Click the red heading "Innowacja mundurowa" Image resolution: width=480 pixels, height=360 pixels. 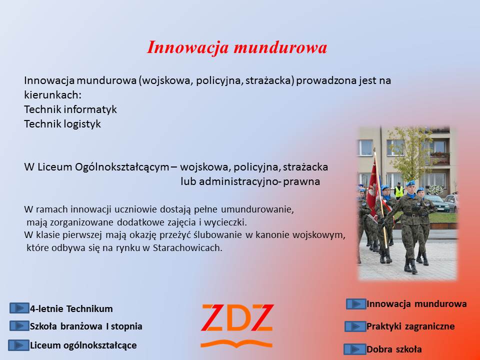pyautogui.click(x=237, y=48)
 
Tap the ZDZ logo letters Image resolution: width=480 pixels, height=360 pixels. pyautogui.click(x=237, y=318)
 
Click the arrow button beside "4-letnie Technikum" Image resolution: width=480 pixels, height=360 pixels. pyautogui.click(x=19, y=308)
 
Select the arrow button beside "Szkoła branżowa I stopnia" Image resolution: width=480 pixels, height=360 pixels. pyautogui.click(x=19, y=325)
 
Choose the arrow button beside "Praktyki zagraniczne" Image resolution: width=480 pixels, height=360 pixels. pyautogui.click(x=355, y=326)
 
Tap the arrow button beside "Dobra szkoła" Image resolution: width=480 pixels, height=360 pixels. pyautogui.click(x=354, y=349)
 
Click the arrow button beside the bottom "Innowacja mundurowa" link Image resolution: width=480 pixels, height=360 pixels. pyautogui.click(x=356, y=304)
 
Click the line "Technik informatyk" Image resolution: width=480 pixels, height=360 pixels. pyautogui.click(x=70, y=109)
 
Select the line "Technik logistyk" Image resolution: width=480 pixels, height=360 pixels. pyautogui.click(x=62, y=124)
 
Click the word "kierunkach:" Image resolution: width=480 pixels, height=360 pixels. pyautogui.click(x=53, y=95)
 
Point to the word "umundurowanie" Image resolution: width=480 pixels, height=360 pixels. pyautogui.click(x=256, y=209)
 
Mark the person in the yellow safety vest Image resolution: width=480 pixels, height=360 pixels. pyautogui.click(x=398, y=190)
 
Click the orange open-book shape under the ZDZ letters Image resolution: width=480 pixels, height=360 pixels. pyautogui.click(x=236, y=343)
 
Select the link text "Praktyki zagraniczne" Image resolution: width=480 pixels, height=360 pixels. pyautogui.click(x=410, y=326)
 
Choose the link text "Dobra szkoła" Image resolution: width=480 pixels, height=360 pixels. pyautogui.click(x=394, y=349)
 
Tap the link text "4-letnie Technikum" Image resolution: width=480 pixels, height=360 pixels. pyautogui.click(x=71, y=308)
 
